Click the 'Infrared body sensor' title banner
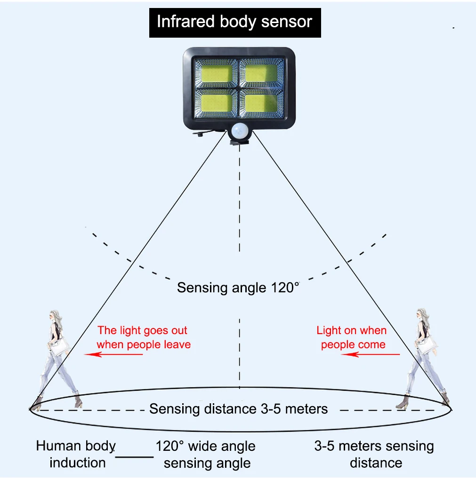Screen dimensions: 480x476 tap(234, 22)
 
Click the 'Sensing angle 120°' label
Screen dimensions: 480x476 tap(238, 287)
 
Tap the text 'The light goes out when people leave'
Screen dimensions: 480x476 tap(143, 337)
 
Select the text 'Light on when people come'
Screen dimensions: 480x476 tap(352, 337)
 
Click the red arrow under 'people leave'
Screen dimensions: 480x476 tap(113, 354)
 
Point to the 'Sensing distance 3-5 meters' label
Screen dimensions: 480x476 tap(238, 408)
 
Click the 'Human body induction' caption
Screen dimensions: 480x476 tap(76, 454)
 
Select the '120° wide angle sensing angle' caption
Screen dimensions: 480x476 tap(206, 454)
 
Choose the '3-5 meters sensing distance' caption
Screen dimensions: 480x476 tap(375, 454)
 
